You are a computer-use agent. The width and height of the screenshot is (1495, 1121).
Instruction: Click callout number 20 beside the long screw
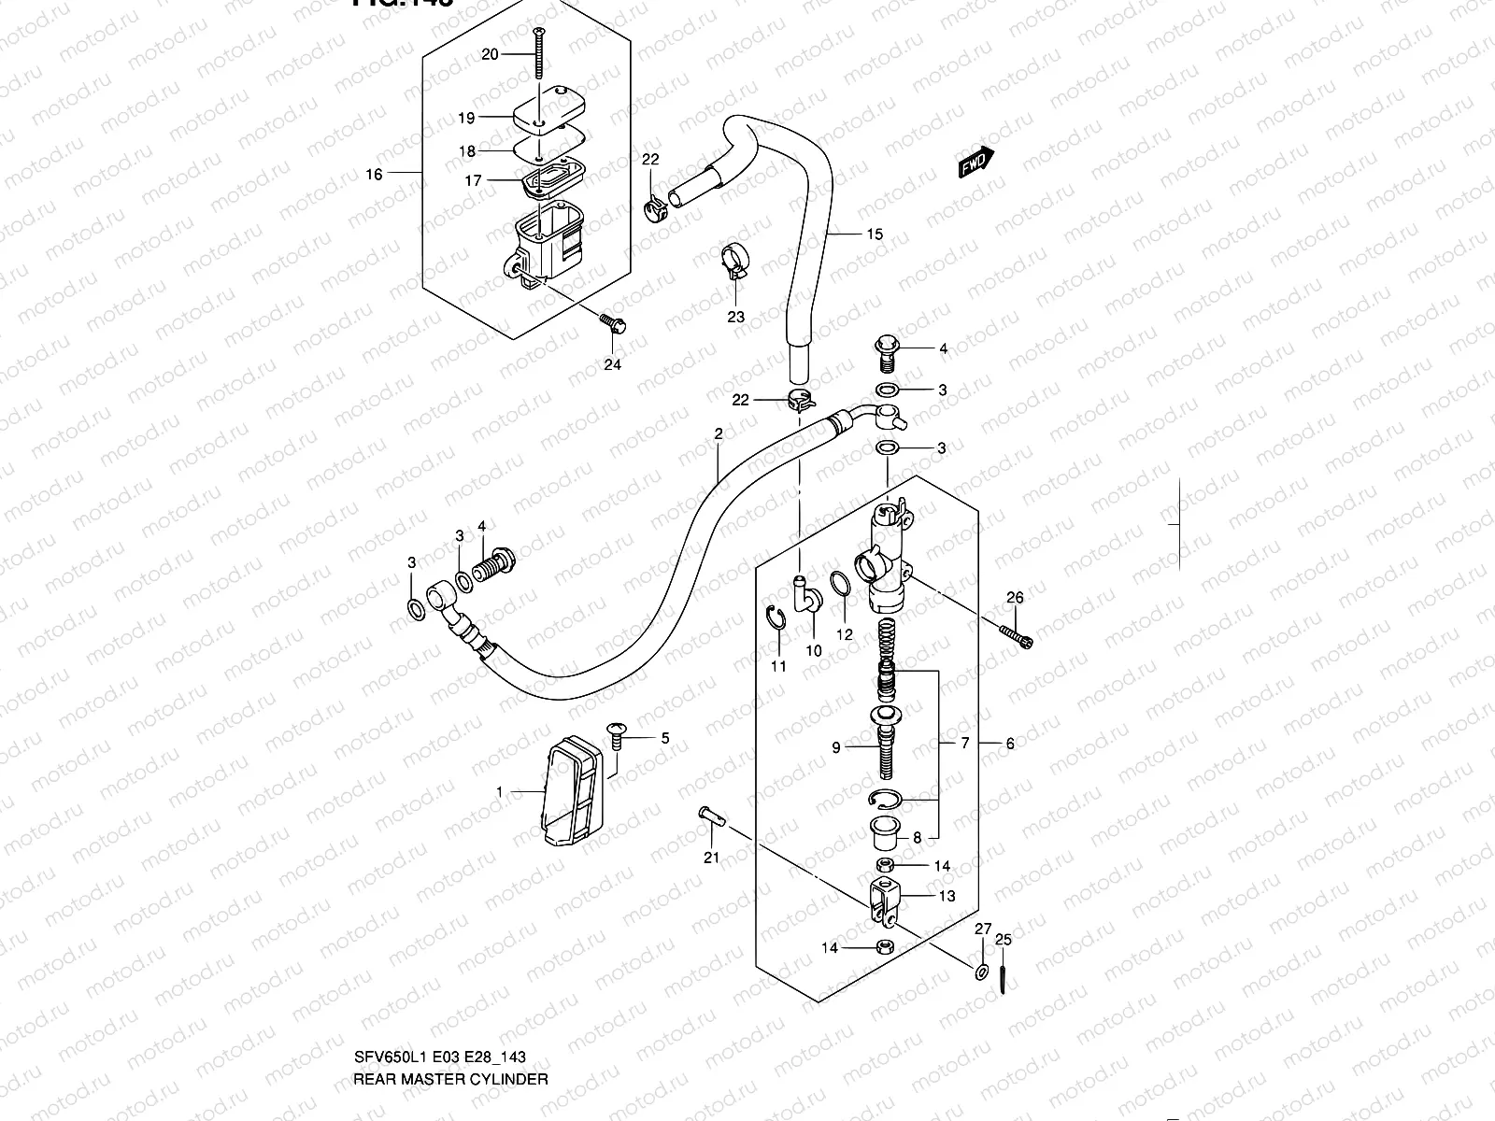pos(491,54)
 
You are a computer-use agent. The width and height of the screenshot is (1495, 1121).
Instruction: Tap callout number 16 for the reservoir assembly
pos(374,174)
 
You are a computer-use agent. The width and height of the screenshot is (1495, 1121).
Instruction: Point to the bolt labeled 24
pos(615,325)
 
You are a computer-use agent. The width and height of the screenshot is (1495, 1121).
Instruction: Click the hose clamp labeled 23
pos(735,261)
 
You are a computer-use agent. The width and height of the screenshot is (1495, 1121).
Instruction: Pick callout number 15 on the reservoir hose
pos(874,234)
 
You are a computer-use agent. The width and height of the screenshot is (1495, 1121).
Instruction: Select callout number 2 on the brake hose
pos(719,433)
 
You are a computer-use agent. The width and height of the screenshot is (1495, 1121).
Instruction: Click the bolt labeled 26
pos(1018,635)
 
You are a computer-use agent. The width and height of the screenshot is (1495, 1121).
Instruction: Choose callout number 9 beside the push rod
pos(836,746)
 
